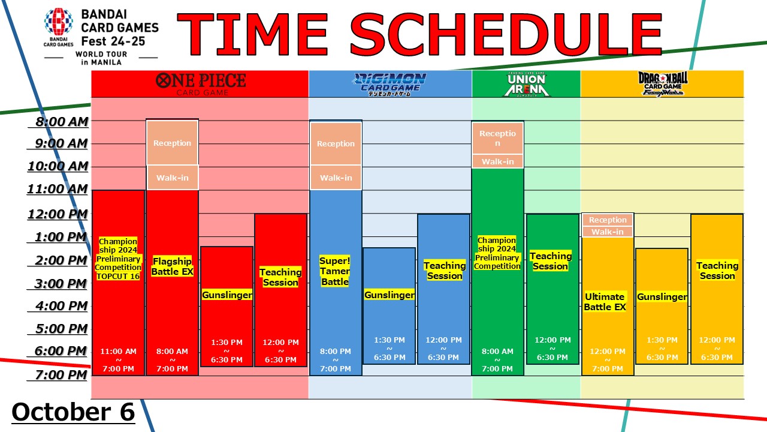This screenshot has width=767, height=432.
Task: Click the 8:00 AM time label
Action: pos(62,122)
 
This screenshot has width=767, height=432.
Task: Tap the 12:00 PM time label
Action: pos(58,214)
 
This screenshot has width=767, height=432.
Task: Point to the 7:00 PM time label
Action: pos(61,375)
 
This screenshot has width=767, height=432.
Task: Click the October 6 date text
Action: pos(73,412)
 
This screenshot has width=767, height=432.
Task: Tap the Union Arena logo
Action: pos(527,85)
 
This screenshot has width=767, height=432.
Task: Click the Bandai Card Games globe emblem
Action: pos(59,22)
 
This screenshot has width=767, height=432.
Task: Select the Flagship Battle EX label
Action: pos(172,266)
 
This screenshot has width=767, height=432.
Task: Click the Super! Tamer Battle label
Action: pos(335,271)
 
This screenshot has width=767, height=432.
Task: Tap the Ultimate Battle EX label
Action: pos(605,302)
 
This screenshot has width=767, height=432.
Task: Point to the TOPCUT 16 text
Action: pos(118,277)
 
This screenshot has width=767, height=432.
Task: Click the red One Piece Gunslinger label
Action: pos(227,295)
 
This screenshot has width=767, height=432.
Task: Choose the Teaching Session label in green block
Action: pos(551,261)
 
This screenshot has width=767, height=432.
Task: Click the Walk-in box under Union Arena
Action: pos(497,161)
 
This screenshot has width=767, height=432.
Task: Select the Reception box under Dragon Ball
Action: pos(608,220)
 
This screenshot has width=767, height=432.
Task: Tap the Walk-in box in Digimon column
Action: pos(336,178)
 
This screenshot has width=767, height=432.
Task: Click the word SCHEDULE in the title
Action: pos(506,34)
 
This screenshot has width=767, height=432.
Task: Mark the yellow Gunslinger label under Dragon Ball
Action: pos(662,297)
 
